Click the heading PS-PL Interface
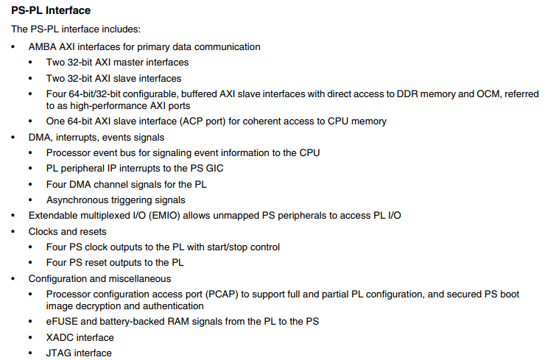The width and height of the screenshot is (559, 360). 52,11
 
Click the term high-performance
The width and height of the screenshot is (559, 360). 94,105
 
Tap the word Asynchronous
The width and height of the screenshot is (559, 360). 79,200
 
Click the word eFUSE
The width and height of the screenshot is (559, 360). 61,322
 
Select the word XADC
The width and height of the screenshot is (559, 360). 60,337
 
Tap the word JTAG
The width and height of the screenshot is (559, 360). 60,353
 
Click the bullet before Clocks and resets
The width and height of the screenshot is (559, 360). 14,231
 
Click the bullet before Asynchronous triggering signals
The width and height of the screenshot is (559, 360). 32,200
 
